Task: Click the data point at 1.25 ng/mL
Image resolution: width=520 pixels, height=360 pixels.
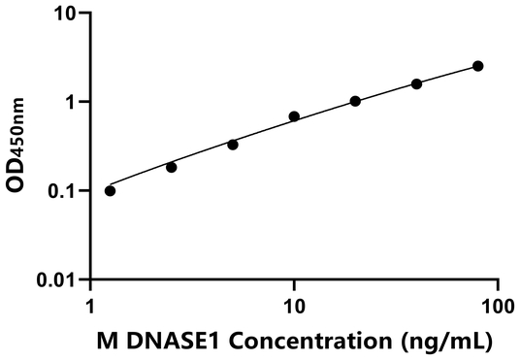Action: (110, 190)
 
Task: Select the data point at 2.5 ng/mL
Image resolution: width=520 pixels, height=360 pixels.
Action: (172, 167)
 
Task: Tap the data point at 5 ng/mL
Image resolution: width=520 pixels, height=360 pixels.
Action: (233, 145)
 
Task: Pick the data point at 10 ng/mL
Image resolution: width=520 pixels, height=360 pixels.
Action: (294, 116)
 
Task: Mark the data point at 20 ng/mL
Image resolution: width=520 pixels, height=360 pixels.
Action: (355, 101)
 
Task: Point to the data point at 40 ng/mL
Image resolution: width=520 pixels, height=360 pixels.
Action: (416, 84)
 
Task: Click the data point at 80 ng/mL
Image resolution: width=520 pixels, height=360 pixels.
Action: (477, 66)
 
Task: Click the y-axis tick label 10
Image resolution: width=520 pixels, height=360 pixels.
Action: (65, 14)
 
